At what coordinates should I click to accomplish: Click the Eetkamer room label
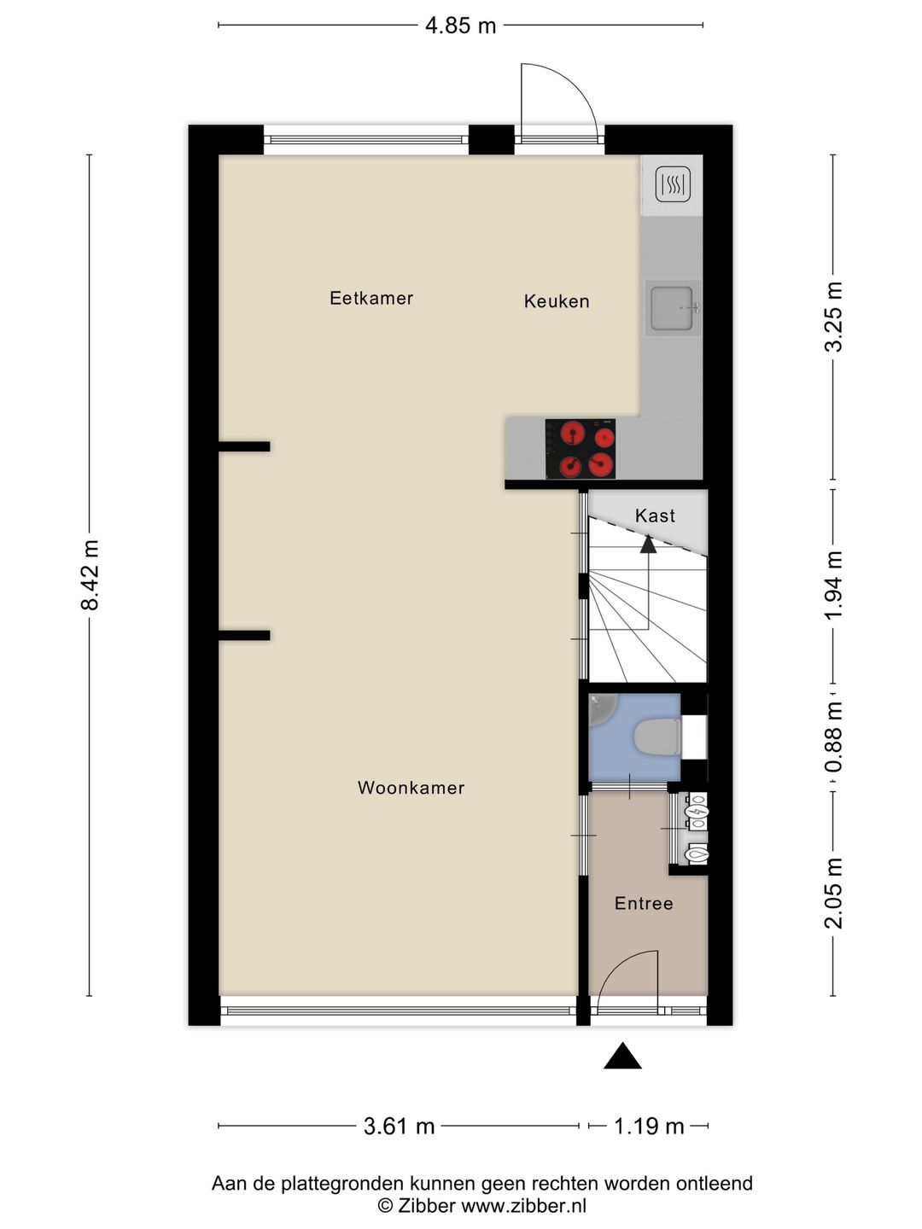[x=371, y=298]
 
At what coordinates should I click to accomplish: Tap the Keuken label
[x=557, y=301]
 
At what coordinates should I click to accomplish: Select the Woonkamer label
[x=411, y=788]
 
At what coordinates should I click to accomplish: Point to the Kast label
[x=655, y=515]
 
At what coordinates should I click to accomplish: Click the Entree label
[x=644, y=903]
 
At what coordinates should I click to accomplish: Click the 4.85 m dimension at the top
[x=460, y=26]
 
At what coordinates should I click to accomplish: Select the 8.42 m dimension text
[x=90, y=574]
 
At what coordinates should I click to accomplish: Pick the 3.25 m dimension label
[x=833, y=317]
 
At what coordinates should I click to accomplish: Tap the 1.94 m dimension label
[x=833, y=585]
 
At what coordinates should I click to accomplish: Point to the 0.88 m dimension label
[x=833, y=737]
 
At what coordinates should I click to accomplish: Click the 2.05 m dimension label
[x=833, y=893]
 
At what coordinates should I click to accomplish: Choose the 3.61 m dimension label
[x=399, y=1127]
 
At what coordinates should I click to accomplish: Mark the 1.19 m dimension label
[x=649, y=1127]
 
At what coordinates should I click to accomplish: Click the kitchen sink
[x=673, y=307]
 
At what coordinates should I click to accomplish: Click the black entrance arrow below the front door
[x=622, y=1057]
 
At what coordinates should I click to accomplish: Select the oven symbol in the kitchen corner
[x=673, y=184]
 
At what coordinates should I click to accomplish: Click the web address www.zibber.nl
[x=523, y=1206]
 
